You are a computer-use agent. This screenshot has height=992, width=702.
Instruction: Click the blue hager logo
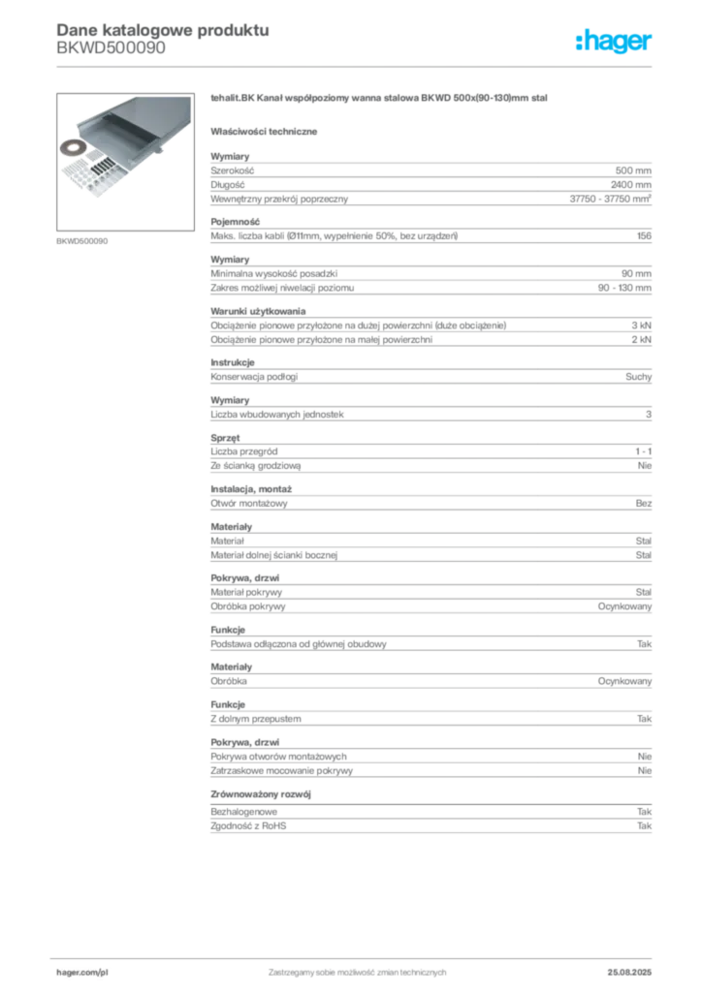click(x=616, y=42)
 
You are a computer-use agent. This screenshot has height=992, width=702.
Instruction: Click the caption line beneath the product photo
click(x=85, y=240)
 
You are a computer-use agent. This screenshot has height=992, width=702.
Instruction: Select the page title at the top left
click(x=160, y=29)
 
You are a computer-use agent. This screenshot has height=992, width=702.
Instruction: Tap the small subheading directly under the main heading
click(x=268, y=130)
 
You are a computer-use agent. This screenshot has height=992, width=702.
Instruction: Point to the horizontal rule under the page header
click(x=388, y=67)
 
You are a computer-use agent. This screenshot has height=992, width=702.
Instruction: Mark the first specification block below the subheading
click(x=431, y=179)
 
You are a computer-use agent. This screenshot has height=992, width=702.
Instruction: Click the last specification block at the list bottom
click(x=431, y=821)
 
